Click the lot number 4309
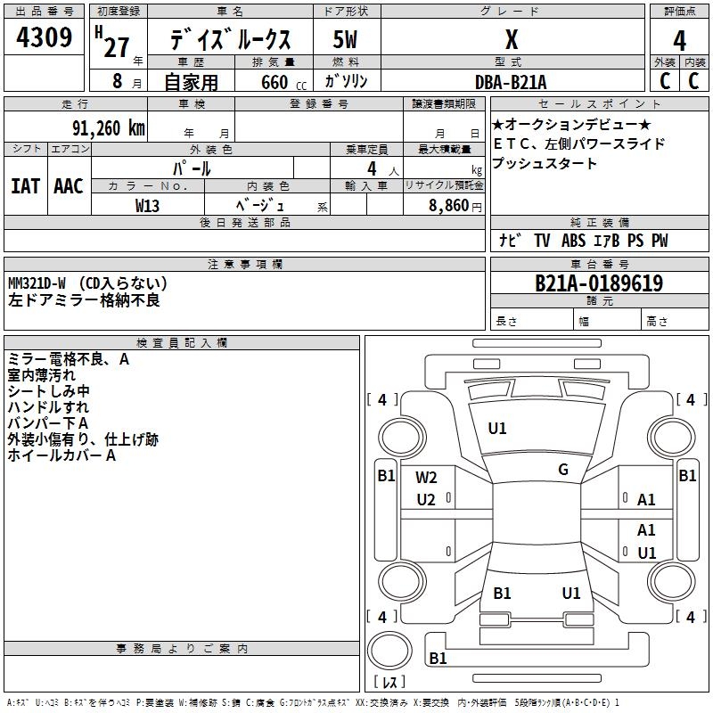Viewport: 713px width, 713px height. [44, 37]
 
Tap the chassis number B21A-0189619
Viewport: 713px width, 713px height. [598, 283]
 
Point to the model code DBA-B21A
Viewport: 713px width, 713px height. [511, 82]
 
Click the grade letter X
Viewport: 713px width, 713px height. [511, 39]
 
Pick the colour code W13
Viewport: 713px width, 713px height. [148, 205]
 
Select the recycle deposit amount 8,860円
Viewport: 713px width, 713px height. [455, 205]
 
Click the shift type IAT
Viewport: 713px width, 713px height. [25, 185]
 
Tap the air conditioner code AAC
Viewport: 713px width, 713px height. [69, 185]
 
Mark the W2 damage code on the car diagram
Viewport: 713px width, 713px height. [426, 478]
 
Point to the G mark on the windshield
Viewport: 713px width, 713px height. [563, 470]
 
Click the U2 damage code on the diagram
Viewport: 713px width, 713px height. [426, 499]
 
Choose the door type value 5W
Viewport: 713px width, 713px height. [345, 39]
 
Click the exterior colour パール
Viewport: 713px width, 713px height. [192, 168]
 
